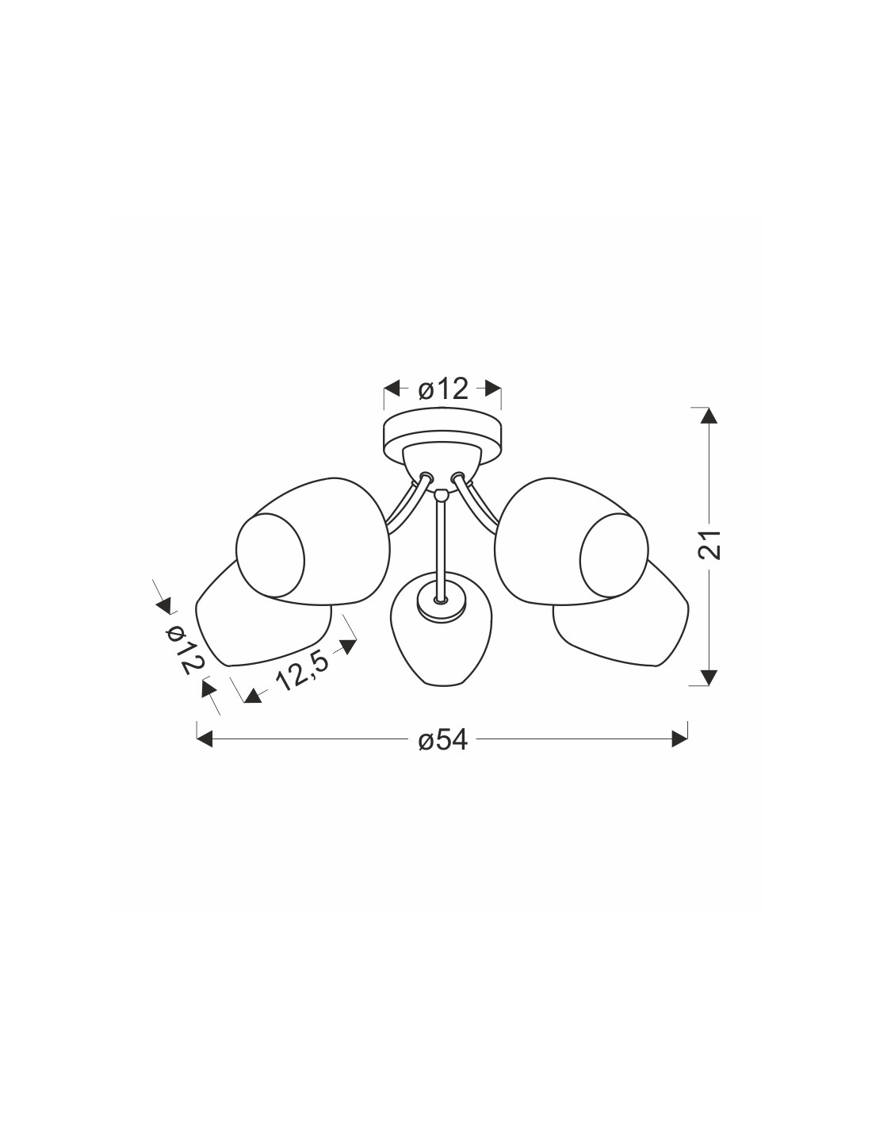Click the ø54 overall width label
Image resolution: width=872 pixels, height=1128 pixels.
(x=442, y=740)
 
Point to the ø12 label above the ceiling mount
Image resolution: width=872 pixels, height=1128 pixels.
(x=443, y=389)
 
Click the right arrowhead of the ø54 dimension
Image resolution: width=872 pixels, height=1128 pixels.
(x=679, y=739)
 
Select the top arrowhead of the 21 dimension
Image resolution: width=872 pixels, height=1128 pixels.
(x=709, y=416)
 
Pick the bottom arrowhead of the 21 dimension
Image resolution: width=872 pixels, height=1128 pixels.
(x=709, y=677)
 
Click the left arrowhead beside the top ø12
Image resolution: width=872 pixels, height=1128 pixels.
(x=392, y=388)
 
